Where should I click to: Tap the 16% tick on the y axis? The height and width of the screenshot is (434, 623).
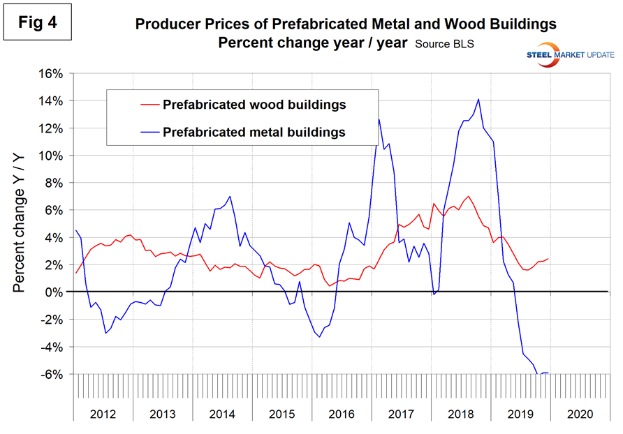coord(53,74)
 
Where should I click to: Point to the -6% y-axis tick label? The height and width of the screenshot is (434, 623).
coord(53,375)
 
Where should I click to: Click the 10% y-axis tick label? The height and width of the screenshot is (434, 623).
coord(53,156)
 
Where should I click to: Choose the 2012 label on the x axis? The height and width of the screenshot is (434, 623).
coord(103,413)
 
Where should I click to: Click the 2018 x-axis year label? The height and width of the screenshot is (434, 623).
coord(460,413)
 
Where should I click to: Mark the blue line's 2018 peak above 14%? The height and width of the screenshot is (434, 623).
coord(478,99)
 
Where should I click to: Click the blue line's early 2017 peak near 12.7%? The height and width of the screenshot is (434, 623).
coord(379,119)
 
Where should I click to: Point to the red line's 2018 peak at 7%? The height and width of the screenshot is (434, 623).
coord(468,196)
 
